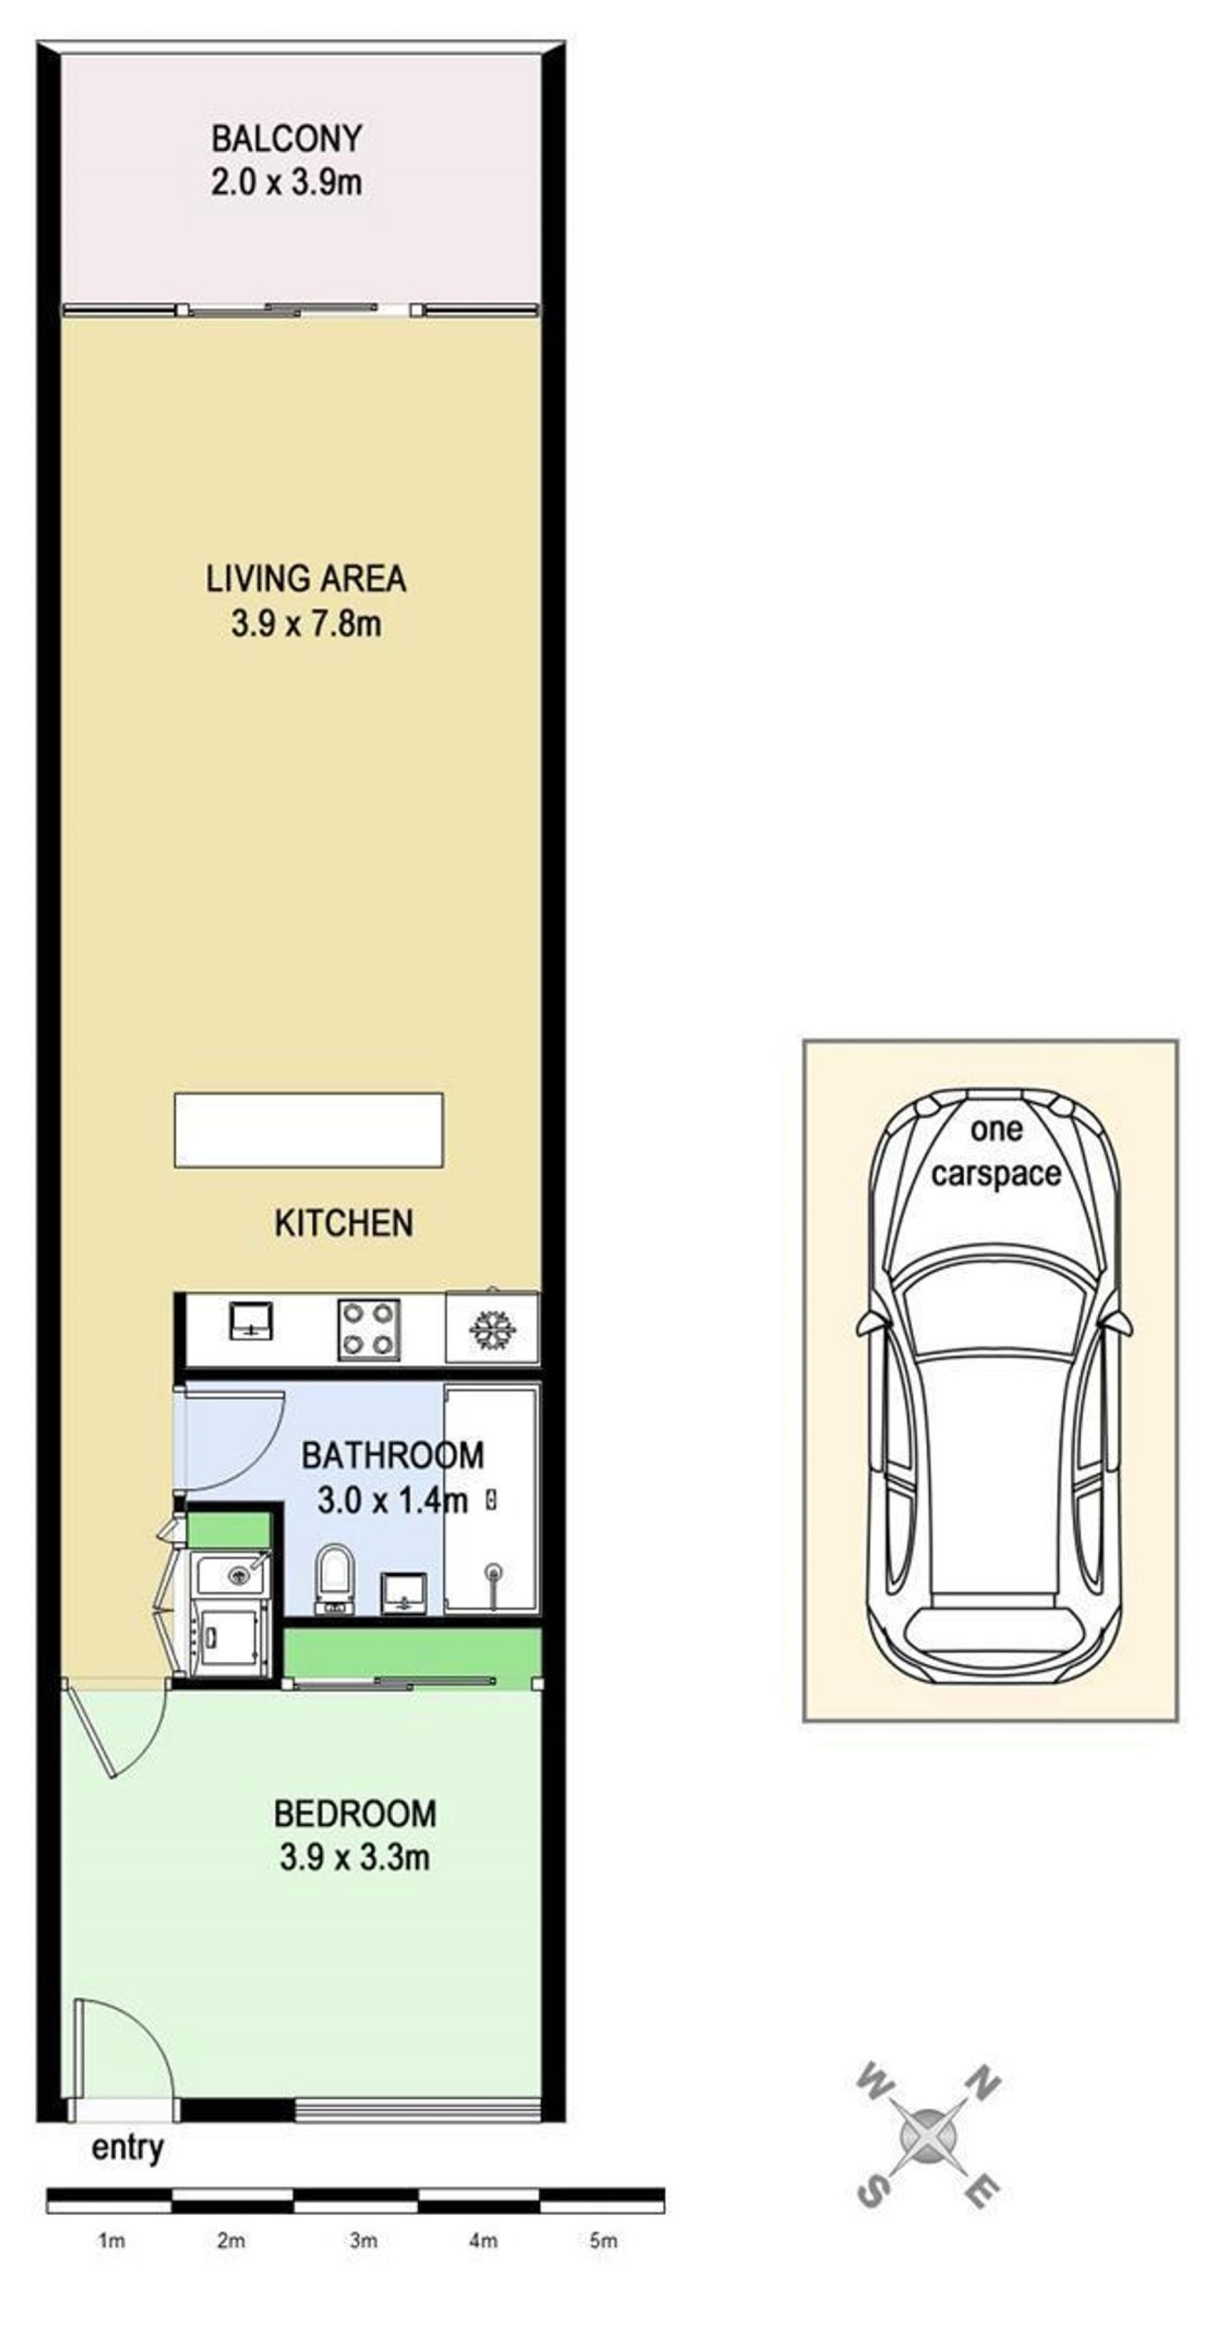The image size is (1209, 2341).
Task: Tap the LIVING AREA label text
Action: pos(305,579)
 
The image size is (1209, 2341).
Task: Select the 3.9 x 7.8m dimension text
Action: pos(305,624)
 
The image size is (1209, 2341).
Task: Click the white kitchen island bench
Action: pos(308,1130)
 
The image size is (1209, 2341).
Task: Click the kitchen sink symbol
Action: pos(251,1320)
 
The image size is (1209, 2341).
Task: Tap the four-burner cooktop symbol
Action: pos(368,1329)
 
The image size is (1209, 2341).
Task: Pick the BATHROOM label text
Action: pos(392,1455)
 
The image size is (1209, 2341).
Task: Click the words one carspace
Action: pos(996,1152)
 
